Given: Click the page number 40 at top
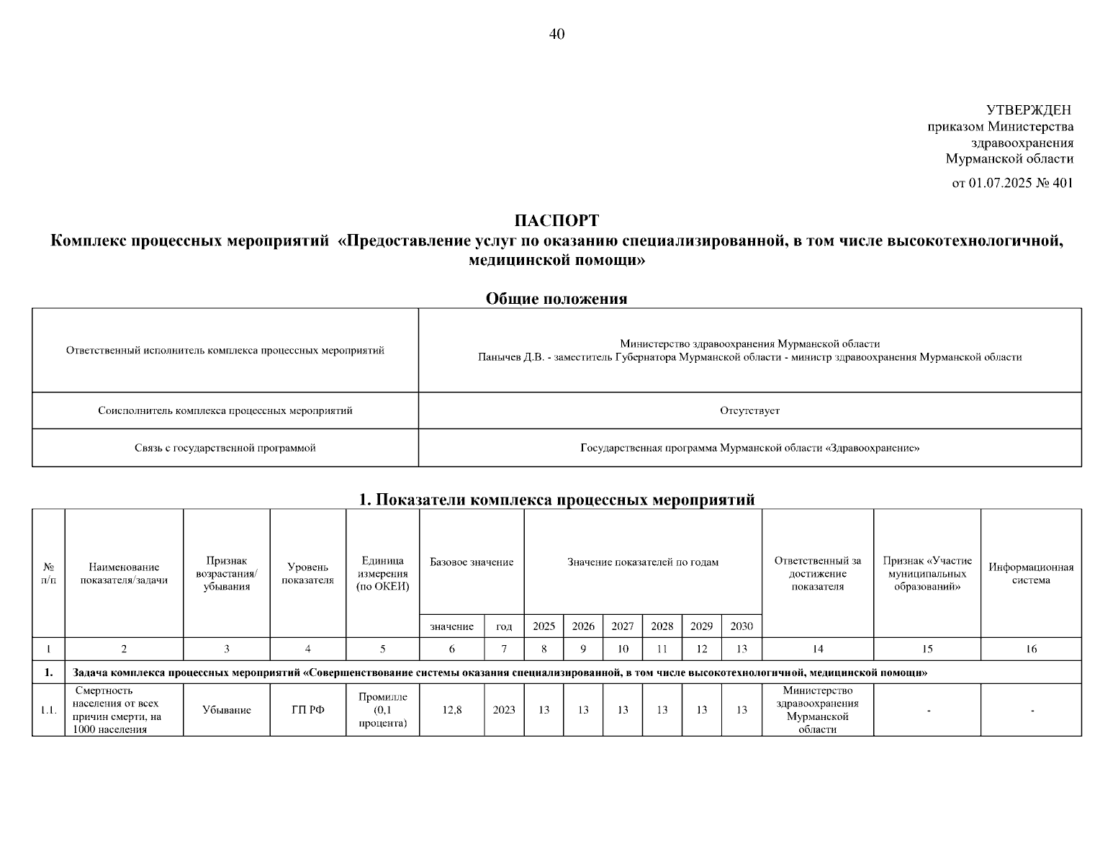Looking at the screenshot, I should click(x=556, y=35).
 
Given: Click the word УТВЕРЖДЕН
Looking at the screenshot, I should click(x=1029, y=110).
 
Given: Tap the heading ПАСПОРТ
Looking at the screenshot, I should click(x=556, y=221).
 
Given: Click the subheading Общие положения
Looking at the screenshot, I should click(x=556, y=299).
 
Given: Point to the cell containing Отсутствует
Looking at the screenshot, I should click(x=749, y=410).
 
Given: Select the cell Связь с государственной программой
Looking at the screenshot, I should click(x=225, y=448).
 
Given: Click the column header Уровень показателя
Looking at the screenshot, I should click(x=307, y=573).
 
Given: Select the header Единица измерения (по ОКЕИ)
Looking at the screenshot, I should click(x=382, y=573).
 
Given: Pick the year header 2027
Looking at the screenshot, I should click(x=622, y=626).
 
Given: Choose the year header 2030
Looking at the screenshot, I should click(x=741, y=626).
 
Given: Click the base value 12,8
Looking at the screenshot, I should click(x=451, y=710).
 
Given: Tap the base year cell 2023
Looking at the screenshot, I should click(x=504, y=710).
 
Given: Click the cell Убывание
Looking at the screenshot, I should click(x=226, y=710).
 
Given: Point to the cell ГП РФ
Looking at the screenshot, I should click(x=307, y=710).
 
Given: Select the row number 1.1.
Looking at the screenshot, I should click(x=48, y=710).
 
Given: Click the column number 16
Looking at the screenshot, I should click(x=1031, y=649).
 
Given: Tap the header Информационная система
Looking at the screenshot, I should click(x=1031, y=573).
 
